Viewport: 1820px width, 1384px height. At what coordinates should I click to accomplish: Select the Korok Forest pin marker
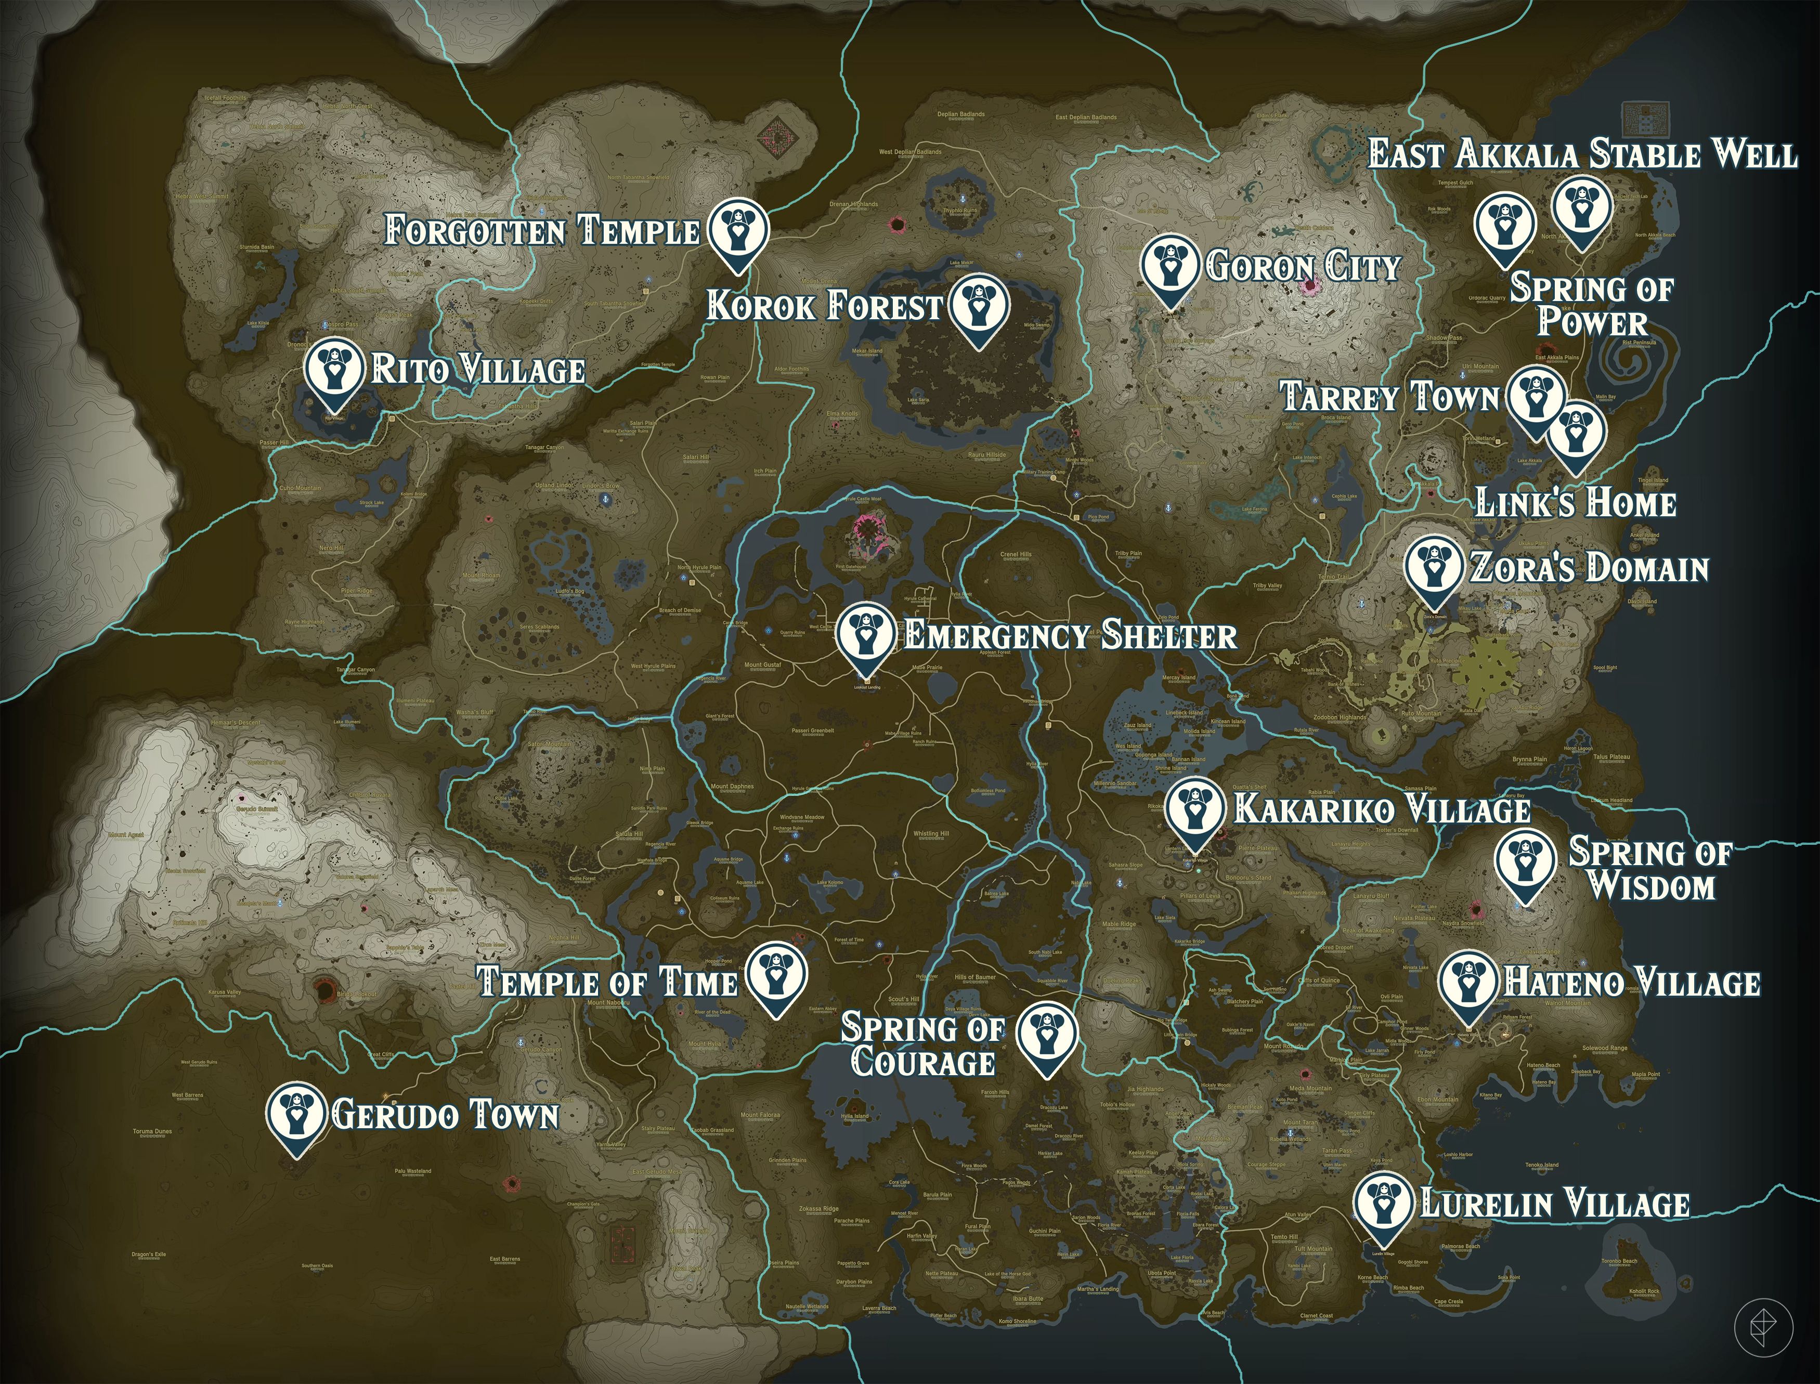coord(978,306)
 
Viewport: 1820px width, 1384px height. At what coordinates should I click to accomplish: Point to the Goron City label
coord(1302,266)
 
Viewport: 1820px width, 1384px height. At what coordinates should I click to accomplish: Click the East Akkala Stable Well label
coord(1582,155)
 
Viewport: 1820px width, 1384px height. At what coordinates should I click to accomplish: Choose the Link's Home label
coord(1575,503)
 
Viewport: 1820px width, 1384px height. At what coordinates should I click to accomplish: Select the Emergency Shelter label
coord(1070,635)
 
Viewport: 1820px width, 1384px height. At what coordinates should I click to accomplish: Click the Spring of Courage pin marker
coord(1046,1034)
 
